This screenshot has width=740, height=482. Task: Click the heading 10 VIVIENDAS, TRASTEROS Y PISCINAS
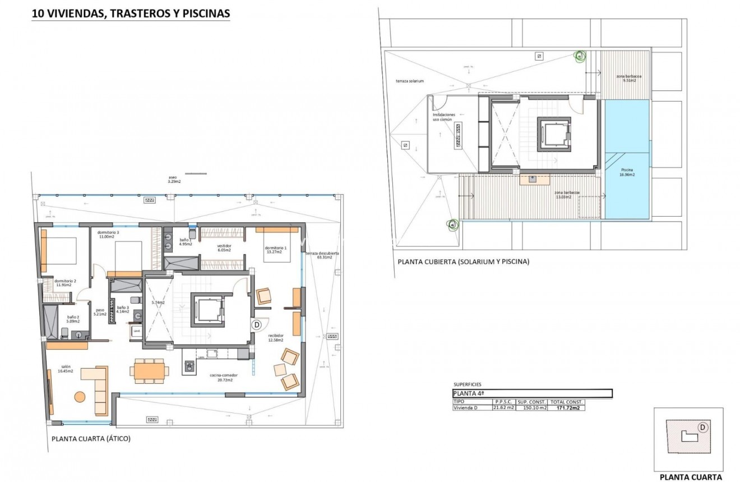pyautogui.click(x=131, y=14)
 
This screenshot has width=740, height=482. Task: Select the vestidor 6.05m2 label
pyautogui.click(x=224, y=248)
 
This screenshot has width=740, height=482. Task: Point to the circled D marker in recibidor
pyautogui.click(x=257, y=324)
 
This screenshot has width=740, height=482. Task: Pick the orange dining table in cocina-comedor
pyautogui.click(x=149, y=371)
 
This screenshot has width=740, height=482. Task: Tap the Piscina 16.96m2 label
pyautogui.click(x=627, y=173)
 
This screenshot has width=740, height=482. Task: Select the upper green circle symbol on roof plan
pyautogui.click(x=580, y=56)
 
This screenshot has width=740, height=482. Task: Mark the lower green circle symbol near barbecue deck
pyautogui.click(x=452, y=225)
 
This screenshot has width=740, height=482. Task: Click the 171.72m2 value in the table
pyautogui.click(x=567, y=408)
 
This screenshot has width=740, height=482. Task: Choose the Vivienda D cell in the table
pyautogui.click(x=467, y=408)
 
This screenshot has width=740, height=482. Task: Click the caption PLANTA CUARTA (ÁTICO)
pyautogui.click(x=91, y=439)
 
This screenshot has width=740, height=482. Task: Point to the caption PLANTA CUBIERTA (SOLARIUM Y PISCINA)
pyautogui.click(x=463, y=261)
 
